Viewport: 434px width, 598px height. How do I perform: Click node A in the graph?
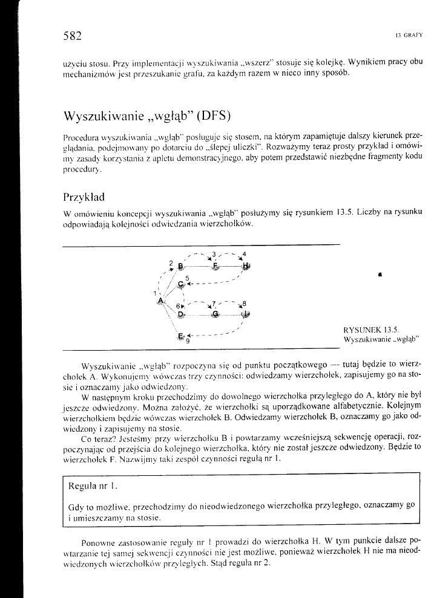pos(160,301)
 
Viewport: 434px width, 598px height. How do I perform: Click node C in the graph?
pos(182,284)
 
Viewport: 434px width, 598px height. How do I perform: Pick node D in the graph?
pos(180,314)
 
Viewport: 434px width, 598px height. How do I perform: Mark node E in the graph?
pos(180,336)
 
